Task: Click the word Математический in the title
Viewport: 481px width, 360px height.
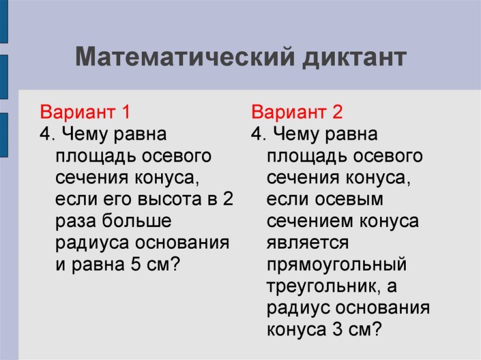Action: click(x=184, y=58)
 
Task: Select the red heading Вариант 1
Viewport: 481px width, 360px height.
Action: click(x=85, y=112)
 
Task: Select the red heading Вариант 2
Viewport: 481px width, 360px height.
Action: click(x=296, y=112)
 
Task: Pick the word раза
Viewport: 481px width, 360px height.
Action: click(x=76, y=221)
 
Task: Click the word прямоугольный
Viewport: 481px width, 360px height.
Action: click(x=337, y=265)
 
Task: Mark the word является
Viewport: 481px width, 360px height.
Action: click(x=308, y=243)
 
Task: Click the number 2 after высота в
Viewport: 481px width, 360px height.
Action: click(x=227, y=200)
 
